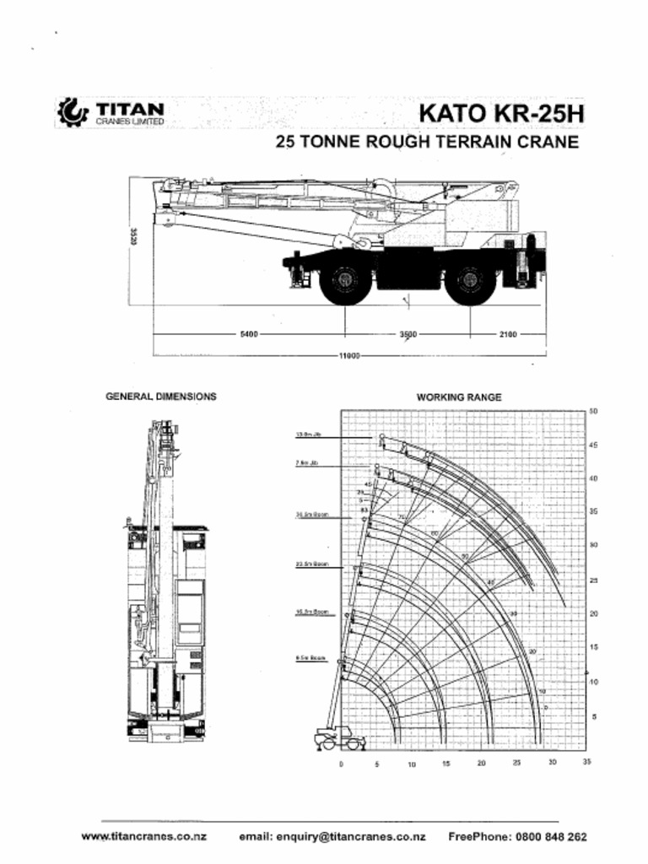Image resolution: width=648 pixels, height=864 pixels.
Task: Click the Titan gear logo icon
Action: click(x=71, y=112)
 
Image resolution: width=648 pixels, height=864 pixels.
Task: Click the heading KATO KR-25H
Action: click(x=501, y=113)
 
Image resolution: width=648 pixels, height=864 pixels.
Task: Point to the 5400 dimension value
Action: click(x=249, y=335)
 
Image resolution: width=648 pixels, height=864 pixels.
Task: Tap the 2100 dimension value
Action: click(x=507, y=335)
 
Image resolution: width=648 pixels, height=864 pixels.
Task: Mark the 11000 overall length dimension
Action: click(x=349, y=356)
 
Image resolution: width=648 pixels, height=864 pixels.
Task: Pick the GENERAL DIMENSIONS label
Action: click(x=160, y=397)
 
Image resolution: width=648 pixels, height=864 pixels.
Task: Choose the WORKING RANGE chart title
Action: click(x=459, y=397)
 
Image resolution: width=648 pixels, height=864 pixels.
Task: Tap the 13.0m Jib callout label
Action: click(x=309, y=436)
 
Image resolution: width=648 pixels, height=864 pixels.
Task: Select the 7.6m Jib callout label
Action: click(x=307, y=463)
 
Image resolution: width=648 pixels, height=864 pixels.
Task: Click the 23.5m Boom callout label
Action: click(x=311, y=564)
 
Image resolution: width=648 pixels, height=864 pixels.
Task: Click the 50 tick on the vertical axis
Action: click(x=594, y=411)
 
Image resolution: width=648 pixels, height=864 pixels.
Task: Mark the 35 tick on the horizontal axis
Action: click(x=586, y=763)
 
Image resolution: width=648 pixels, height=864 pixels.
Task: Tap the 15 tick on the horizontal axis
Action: click(x=446, y=764)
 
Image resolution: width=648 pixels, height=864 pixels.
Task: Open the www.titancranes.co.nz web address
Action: click(x=144, y=837)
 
